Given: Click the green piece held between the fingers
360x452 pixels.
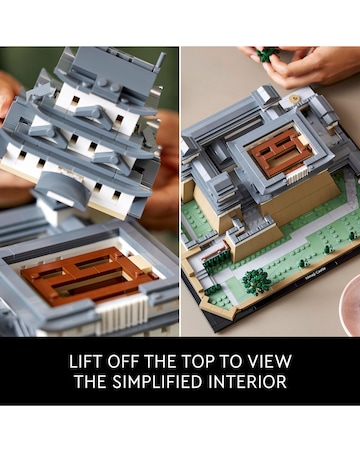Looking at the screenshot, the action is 268,53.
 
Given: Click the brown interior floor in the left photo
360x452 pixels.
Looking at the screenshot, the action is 88,275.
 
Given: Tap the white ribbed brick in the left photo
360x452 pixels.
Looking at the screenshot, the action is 122,313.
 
